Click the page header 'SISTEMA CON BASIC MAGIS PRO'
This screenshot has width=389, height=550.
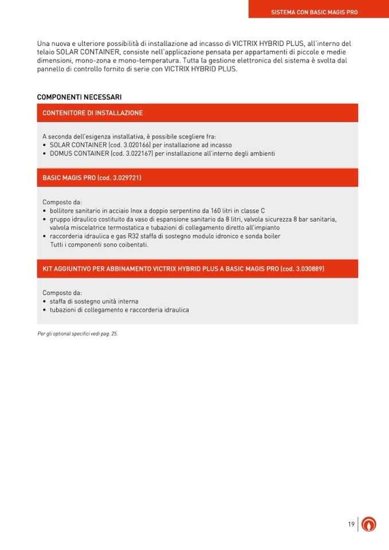point(314,12)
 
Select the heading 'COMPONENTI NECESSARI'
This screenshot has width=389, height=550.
point(79,97)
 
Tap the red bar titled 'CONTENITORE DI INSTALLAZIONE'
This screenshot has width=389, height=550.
point(92,113)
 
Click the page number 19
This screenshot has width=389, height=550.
point(351,524)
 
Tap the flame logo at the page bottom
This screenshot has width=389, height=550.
point(369,524)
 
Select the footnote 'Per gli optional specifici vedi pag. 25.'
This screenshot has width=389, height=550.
point(77,333)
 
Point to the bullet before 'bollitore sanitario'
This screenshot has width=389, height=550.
point(45,211)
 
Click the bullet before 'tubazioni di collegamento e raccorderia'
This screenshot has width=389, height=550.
point(45,310)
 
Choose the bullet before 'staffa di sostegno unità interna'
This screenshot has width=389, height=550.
point(45,302)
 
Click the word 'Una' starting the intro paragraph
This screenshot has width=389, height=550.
point(44,44)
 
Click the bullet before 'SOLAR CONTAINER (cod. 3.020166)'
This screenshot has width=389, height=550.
point(45,146)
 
